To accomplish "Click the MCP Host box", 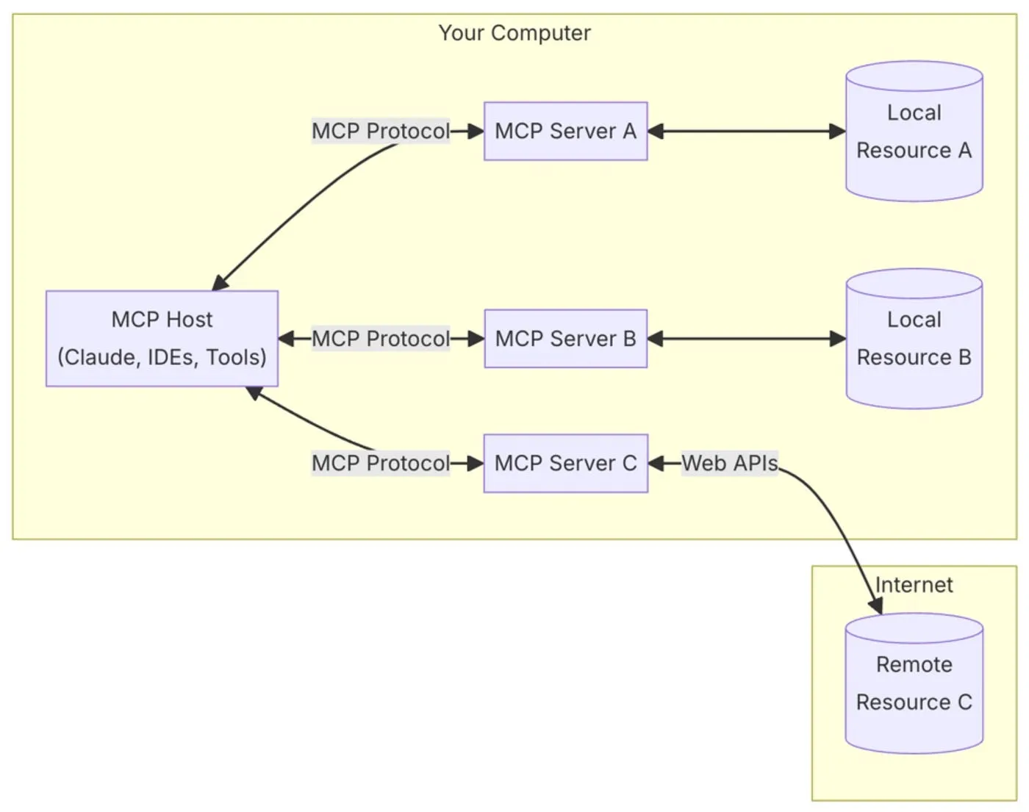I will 162,338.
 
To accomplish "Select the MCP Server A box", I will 565,132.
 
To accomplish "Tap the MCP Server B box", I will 565,339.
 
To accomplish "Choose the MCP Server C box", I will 565,463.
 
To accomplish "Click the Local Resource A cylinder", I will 914,132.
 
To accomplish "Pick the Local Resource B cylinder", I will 914,339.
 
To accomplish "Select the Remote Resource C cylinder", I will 914,683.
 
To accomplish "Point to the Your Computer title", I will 514,33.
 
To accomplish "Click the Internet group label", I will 914,585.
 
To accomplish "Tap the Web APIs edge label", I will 729,463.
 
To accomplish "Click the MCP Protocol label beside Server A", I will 380,132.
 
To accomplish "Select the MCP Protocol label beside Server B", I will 380,339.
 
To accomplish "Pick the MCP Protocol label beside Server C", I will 380,463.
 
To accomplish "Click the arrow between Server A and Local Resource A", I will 746,132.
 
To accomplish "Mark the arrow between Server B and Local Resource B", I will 746,339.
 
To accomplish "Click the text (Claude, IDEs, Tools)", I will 162,357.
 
